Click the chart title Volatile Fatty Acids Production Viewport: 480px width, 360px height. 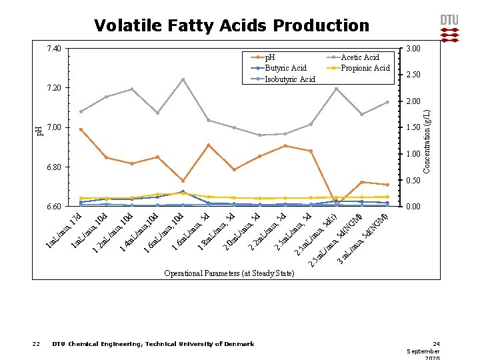(231, 26)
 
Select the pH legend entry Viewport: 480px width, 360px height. (270, 57)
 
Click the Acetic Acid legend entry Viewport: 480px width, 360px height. (359, 57)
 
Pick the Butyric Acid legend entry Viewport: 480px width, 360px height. (285, 68)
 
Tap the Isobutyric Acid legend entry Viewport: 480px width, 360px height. (290, 79)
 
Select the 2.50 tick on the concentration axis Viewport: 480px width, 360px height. (413, 75)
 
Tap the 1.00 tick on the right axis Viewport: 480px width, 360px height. (413, 154)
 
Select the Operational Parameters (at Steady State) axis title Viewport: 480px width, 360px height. (229, 273)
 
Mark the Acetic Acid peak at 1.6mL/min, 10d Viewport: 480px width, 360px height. (183, 80)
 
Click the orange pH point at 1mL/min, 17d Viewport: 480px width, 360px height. (81, 129)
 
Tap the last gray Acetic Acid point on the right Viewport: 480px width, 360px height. (387, 102)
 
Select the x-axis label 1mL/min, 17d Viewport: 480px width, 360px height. (63, 233)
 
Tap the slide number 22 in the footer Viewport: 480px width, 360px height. (36, 344)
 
